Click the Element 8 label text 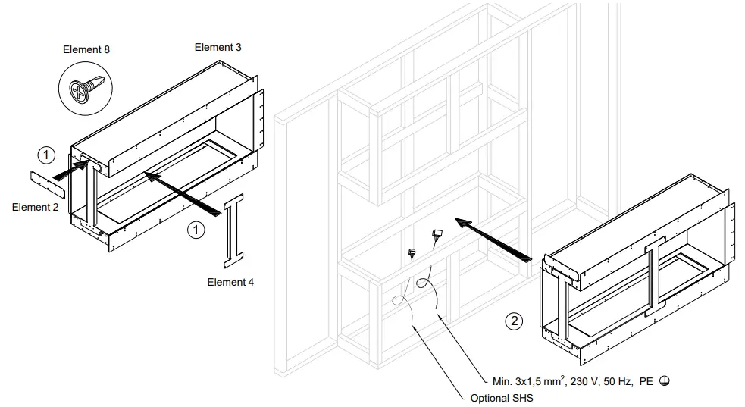[86, 50]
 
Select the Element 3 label [218, 47]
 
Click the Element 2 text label [35, 208]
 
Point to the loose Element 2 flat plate [48, 185]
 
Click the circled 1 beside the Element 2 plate [46, 155]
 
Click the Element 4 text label [230, 282]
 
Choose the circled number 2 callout [514, 321]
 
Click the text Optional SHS [502, 398]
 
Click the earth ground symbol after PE [665, 381]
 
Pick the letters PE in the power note [646, 381]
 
